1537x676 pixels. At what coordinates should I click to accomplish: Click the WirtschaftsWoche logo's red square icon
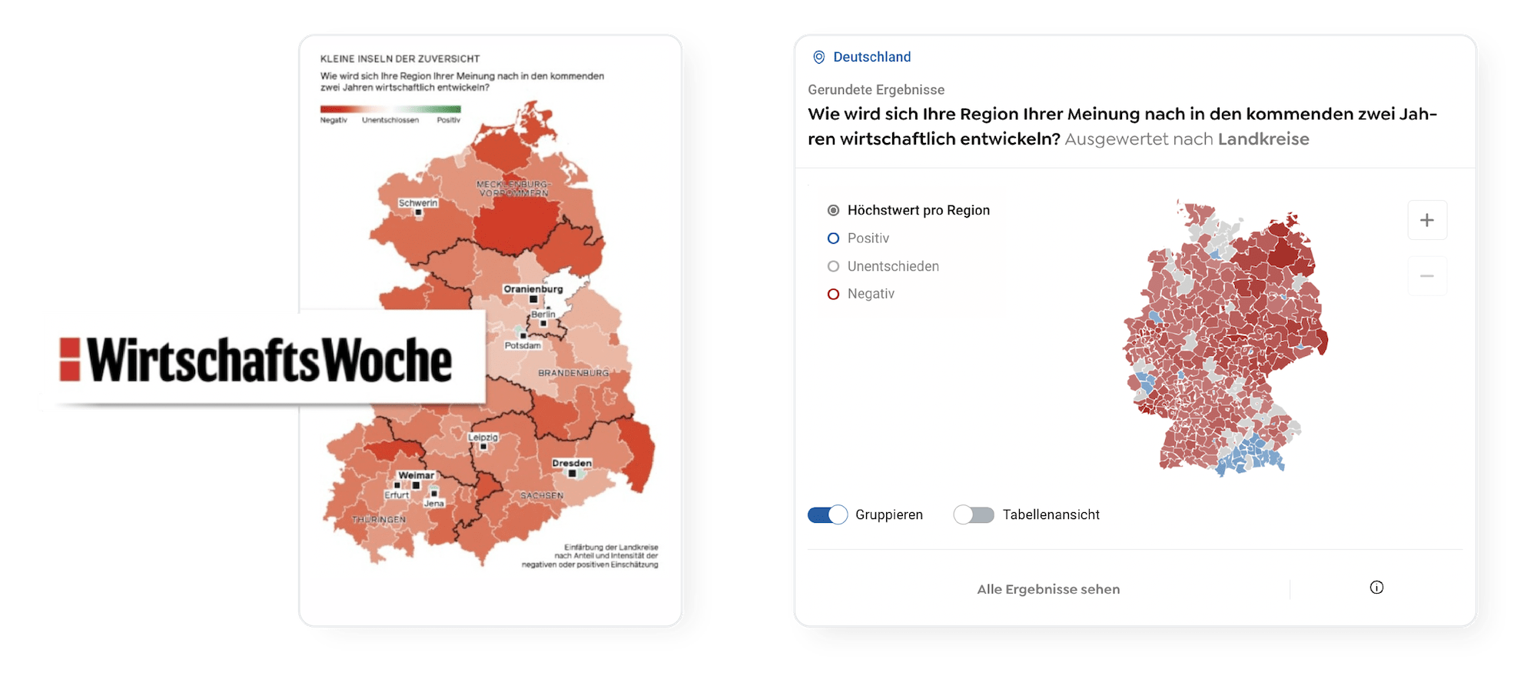[x=70, y=359]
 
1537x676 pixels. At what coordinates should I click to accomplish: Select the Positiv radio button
[x=833, y=238]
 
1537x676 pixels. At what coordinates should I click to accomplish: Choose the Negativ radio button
[x=833, y=294]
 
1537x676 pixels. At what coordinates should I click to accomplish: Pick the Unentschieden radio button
[x=833, y=266]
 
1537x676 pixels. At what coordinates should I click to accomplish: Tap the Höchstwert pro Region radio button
[x=833, y=210]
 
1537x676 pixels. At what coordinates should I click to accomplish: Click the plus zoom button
[x=1426, y=220]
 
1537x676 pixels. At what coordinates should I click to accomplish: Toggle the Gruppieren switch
[x=827, y=514]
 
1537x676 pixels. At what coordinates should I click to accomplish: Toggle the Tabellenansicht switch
[x=974, y=514]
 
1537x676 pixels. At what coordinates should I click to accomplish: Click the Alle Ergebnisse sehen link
[x=1048, y=589]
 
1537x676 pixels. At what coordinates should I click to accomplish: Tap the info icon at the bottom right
[x=1376, y=588]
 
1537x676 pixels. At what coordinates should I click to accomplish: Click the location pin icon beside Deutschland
[x=819, y=57]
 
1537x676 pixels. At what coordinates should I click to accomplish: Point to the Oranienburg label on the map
[x=533, y=289]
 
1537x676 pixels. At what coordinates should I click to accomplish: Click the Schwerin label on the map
[x=418, y=203]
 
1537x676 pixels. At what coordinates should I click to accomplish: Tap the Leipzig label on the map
[x=483, y=437]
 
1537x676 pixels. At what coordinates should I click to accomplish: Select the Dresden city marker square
[x=572, y=474]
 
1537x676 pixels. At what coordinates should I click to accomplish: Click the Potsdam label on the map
[x=523, y=345]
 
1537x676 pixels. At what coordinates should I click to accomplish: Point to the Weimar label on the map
[x=416, y=475]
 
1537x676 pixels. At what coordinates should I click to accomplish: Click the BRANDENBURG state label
[x=573, y=373]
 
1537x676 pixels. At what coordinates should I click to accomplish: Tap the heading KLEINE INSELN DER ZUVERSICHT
[x=400, y=58]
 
